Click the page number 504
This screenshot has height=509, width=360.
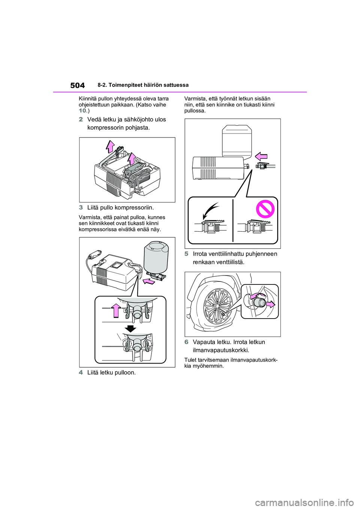click(x=78, y=85)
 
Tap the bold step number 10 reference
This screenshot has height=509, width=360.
click(x=82, y=111)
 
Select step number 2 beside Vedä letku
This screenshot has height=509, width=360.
click(x=81, y=120)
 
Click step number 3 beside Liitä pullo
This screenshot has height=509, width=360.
click(x=81, y=208)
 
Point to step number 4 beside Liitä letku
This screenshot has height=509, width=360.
click(x=81, y=373)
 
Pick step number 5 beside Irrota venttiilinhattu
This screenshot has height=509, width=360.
click(x=186, y=254)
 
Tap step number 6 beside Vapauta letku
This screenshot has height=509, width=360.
click(x=186, y=342)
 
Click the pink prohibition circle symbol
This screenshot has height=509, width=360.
click(x=265, y=209)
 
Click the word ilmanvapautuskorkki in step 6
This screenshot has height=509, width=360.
click(x=220, y=350)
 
